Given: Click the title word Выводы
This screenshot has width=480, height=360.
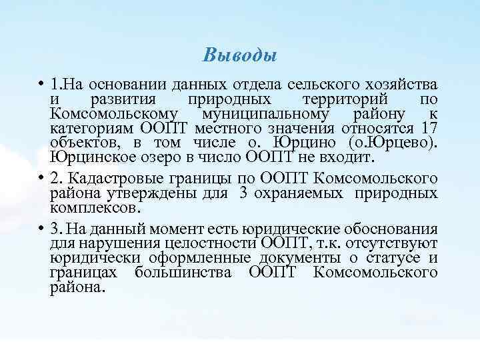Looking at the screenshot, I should pos(239,54).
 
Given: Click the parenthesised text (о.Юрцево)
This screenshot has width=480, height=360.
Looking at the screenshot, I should pos(393,142).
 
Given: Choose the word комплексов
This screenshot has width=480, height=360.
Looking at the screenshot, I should pos(93,207).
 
